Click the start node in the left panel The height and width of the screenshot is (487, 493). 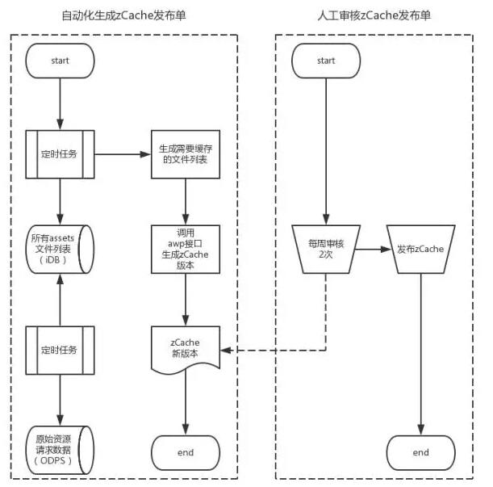pos(61,61)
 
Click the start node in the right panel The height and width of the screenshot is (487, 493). pos(325,61)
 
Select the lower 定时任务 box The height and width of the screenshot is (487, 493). pos(61,351)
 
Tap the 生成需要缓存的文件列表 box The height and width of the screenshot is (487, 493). pos(186,153)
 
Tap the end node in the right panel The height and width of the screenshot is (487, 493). pos(420,452)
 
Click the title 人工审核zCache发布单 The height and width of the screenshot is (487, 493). pos(374,16)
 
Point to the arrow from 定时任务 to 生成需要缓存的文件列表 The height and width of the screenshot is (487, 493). pos(123,153)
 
